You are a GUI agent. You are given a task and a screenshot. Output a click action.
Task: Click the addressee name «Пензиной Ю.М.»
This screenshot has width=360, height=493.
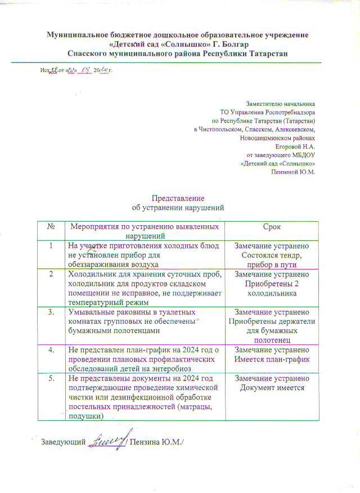coord(294,172)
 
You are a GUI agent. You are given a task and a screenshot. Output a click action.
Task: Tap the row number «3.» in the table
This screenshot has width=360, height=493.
coord(51,311)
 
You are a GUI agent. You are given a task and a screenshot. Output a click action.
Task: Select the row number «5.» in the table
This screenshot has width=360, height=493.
coord(51,379)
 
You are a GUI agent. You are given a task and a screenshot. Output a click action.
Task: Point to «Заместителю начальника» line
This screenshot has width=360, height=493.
coord(281,104)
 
